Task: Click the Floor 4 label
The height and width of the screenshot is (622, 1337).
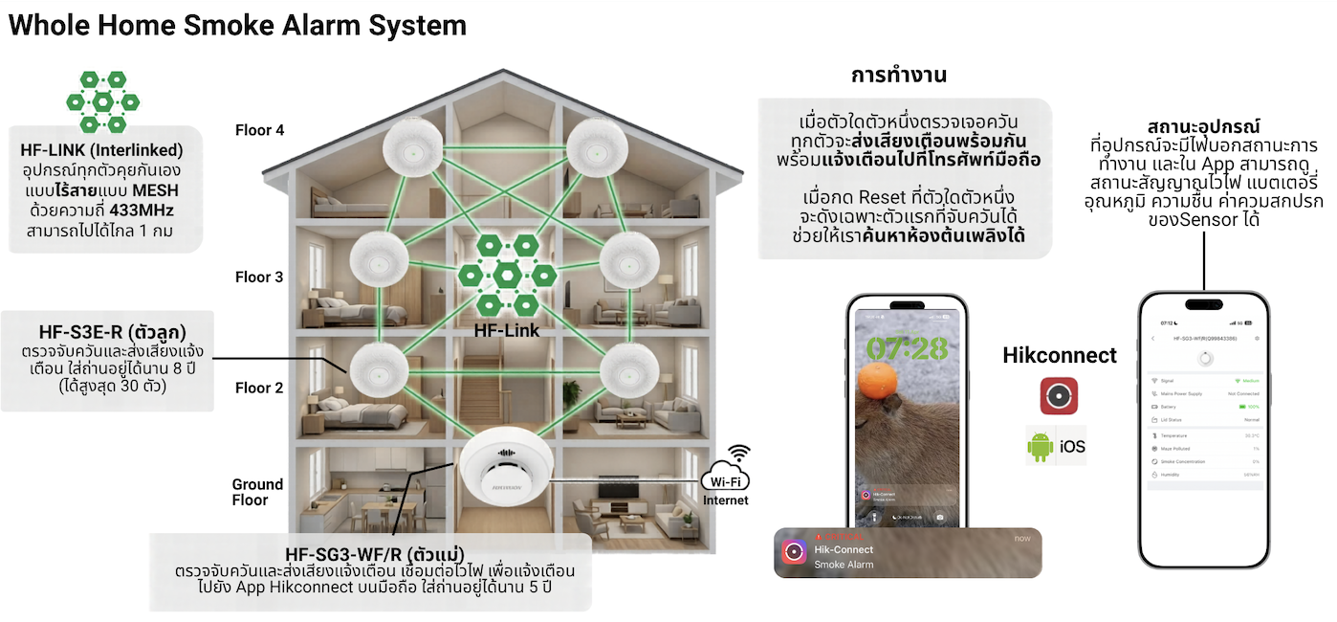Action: [x=259, y=130]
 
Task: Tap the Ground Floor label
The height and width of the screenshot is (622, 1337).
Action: [x=257, y=492]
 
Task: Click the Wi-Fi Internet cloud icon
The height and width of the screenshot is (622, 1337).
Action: [x=726, y=481]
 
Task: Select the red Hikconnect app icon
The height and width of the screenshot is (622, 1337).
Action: [x=1059, y=396]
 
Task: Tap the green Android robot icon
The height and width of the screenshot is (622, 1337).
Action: [x=1041, y=447]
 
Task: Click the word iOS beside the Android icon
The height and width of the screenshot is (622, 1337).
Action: [x=1071, y=447]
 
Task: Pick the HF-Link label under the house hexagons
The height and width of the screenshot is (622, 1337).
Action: [x=506, y=331]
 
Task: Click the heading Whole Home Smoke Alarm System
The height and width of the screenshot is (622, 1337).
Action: [x=237, y=25]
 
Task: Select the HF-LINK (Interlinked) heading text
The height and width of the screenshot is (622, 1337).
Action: [x=101, y=150]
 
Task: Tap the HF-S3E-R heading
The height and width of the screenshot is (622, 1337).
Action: [x=112, y=332]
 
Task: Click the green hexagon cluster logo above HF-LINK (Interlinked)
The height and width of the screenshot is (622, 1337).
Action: [x=102, y=101]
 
